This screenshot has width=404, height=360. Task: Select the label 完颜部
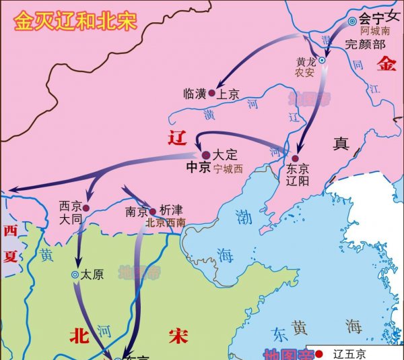[365, 45]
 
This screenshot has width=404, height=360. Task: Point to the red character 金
[388, 64]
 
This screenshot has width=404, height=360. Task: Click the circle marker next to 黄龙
[322, 61]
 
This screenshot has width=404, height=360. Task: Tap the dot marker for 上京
[211, 94]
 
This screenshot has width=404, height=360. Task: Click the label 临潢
[194, 94]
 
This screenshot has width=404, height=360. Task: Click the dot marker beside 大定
[206, 154]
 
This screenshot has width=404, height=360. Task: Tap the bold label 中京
[198, 169]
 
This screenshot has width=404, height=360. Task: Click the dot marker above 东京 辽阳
[295, 158]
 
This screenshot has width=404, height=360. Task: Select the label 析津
[171, 211]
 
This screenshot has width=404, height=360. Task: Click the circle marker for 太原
[75, 274]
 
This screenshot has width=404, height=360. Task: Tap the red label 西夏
[10, 243]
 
